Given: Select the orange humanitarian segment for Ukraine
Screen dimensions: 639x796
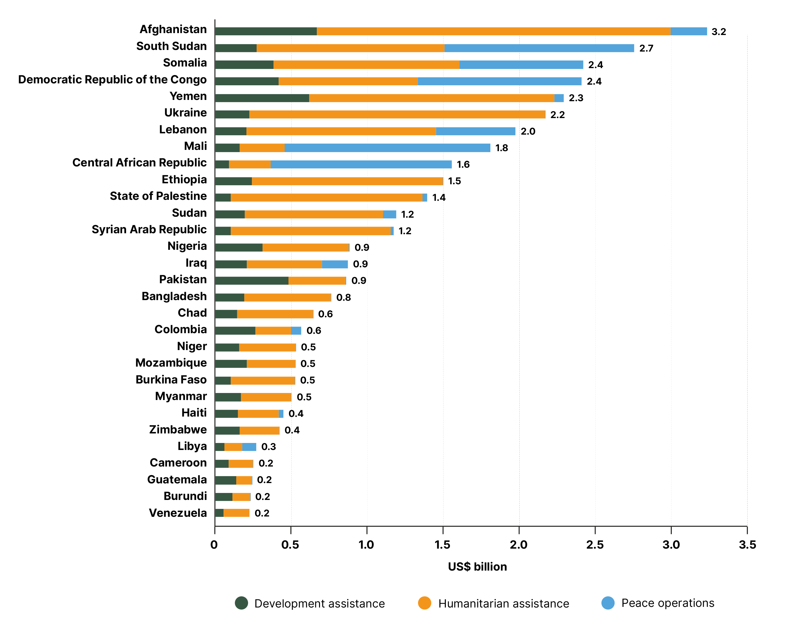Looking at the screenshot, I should (x=397, y=114).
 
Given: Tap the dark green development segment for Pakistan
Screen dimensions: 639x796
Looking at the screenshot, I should (x=252, y=281).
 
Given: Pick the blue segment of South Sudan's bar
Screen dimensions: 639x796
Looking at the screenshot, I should (x=539, y=48).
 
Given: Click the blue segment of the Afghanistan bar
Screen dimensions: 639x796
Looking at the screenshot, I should (x=689, y=32).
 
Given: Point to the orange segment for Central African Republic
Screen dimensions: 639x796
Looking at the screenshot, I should (x=250, y=165).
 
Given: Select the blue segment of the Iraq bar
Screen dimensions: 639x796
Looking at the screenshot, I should (x=335, y=264).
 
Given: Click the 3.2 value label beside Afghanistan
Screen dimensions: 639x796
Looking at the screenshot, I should (x=718, y=32).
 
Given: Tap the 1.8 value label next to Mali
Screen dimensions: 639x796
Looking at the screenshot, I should (x=501, y=148).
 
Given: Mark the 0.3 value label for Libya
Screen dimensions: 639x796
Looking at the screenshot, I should (x=268, y=447).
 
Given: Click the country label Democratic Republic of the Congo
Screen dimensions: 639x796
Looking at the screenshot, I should (x=112, y=80).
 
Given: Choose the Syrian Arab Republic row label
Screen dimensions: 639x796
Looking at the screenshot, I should (x=149, y=229).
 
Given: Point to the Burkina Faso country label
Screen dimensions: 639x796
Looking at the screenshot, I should (x=171, y=380).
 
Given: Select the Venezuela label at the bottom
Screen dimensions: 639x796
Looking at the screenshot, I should (x=178, y=513).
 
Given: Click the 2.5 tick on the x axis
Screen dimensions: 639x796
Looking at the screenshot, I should (x=595, y=545).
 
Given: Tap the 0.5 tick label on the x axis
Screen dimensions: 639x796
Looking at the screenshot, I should (x=290, y=545).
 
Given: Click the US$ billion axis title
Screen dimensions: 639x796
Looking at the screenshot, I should (x=477, y=567).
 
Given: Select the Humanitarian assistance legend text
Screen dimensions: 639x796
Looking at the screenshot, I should (x=504, y=604).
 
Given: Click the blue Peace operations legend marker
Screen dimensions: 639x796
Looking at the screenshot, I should (x=608, y=603).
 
